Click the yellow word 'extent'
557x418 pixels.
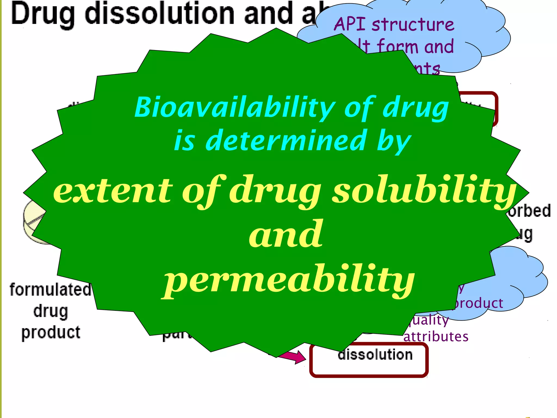pos(113,190)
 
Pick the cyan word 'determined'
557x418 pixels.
pos(285,141)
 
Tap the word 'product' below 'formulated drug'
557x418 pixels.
pos(51,332)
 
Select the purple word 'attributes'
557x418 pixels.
pos(436,337)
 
